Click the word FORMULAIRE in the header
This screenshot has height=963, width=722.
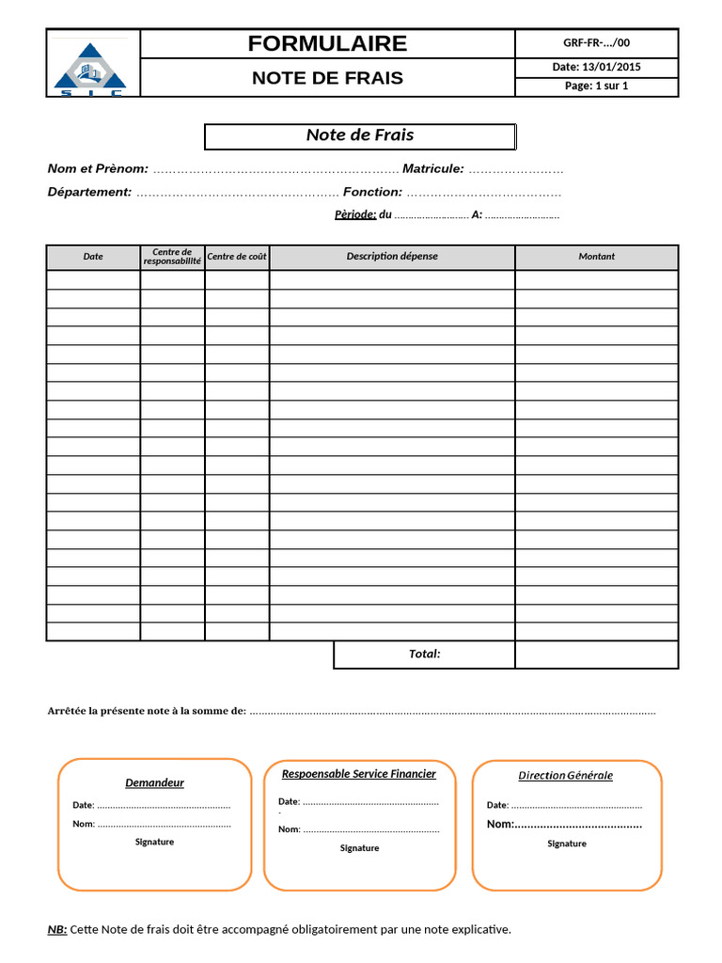click(327, 43)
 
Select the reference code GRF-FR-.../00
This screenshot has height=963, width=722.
click(596, 43)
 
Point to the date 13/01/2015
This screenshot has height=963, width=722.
click(596, 67)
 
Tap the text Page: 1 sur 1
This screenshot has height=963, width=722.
click(596, 86)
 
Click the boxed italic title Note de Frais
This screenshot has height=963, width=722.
click(360, 135)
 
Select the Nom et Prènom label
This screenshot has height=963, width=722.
click(98, 168)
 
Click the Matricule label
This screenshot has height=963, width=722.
click(432, 168)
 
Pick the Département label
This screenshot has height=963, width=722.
click(89, 192)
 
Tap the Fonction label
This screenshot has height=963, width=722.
click(372, 192)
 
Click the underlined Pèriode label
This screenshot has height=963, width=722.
click(355, 214)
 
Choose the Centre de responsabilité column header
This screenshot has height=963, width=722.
click(172, 257)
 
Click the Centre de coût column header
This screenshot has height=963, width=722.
click(237, 257)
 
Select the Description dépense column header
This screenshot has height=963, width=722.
click(392, 256)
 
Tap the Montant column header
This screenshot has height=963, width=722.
click(596, 256)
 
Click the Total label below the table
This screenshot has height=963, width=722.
click(424, 654)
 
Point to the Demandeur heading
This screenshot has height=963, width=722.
click(155, 782)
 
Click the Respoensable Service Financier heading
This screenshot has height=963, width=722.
click(359, 774)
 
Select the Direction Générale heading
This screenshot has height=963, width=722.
click(566, 776)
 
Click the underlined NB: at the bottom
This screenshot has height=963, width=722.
click(57, 929)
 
